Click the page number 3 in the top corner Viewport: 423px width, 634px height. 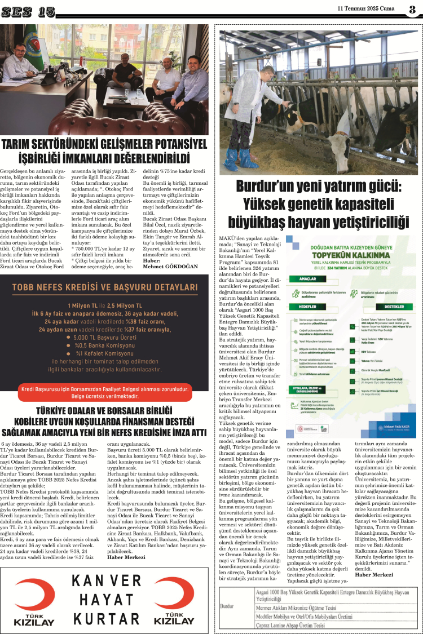coord(412,9)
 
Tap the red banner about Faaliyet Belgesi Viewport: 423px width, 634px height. coord(104,392)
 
